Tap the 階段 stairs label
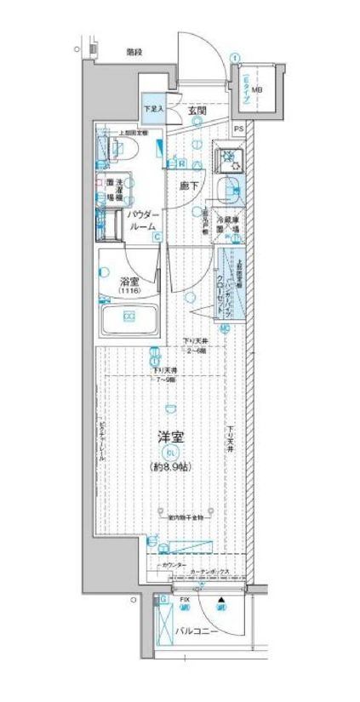pos(134,52)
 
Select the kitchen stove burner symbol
pos(228,158)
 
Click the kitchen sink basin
pos(228,191)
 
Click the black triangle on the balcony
pos(221,600)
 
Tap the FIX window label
pos(183,600)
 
